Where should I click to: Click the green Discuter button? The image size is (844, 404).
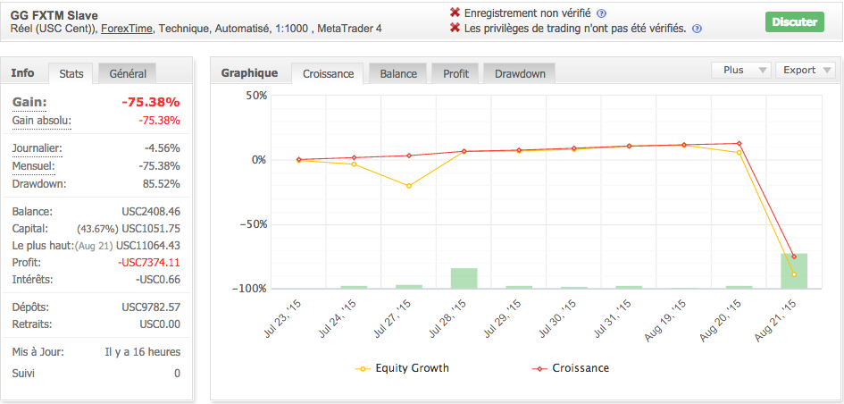[x=794, y=21]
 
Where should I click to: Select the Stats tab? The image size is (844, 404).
[x=71, y=73]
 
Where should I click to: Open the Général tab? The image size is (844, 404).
[x=128, y=73]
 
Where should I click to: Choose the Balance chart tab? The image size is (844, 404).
[x=397, y=73]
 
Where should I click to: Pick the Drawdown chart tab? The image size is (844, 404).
[x=520, y=73]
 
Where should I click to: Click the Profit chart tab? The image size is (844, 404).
[x=455, y=73]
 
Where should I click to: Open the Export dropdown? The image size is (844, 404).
[x=805, y=70]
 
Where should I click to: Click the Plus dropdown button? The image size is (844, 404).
[x=740, y=70]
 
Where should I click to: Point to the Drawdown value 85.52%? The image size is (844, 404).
[x=162, y=184]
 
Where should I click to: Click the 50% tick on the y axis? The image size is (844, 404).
[x=255, y=96]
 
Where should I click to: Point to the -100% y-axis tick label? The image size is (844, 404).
[x=249, y=289]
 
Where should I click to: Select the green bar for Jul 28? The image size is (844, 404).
[x=464, y=278]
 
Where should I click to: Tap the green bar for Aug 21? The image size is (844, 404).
[x=794, y=271]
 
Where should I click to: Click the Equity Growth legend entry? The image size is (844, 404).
[x=402, y=367]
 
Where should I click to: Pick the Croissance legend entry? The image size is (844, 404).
[x=572, y=367]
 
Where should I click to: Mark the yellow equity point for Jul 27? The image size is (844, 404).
[x=409, y=186]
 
